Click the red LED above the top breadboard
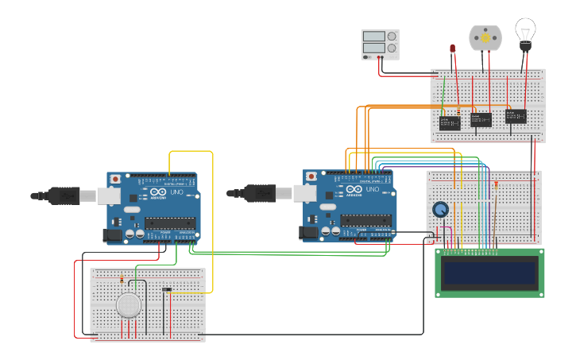pos(452,49)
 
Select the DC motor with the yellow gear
pos(485,38)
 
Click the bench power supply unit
pos(381,45)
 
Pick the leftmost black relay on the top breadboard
pos(450,123)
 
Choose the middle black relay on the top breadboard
pos(481,119)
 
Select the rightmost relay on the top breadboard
pos(516,116)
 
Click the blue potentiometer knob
pos(440,210)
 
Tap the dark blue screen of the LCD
pos(489,273)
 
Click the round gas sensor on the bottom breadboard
pos(129,305)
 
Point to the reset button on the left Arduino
pos(116,179)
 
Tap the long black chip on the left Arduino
pos(170,223)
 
